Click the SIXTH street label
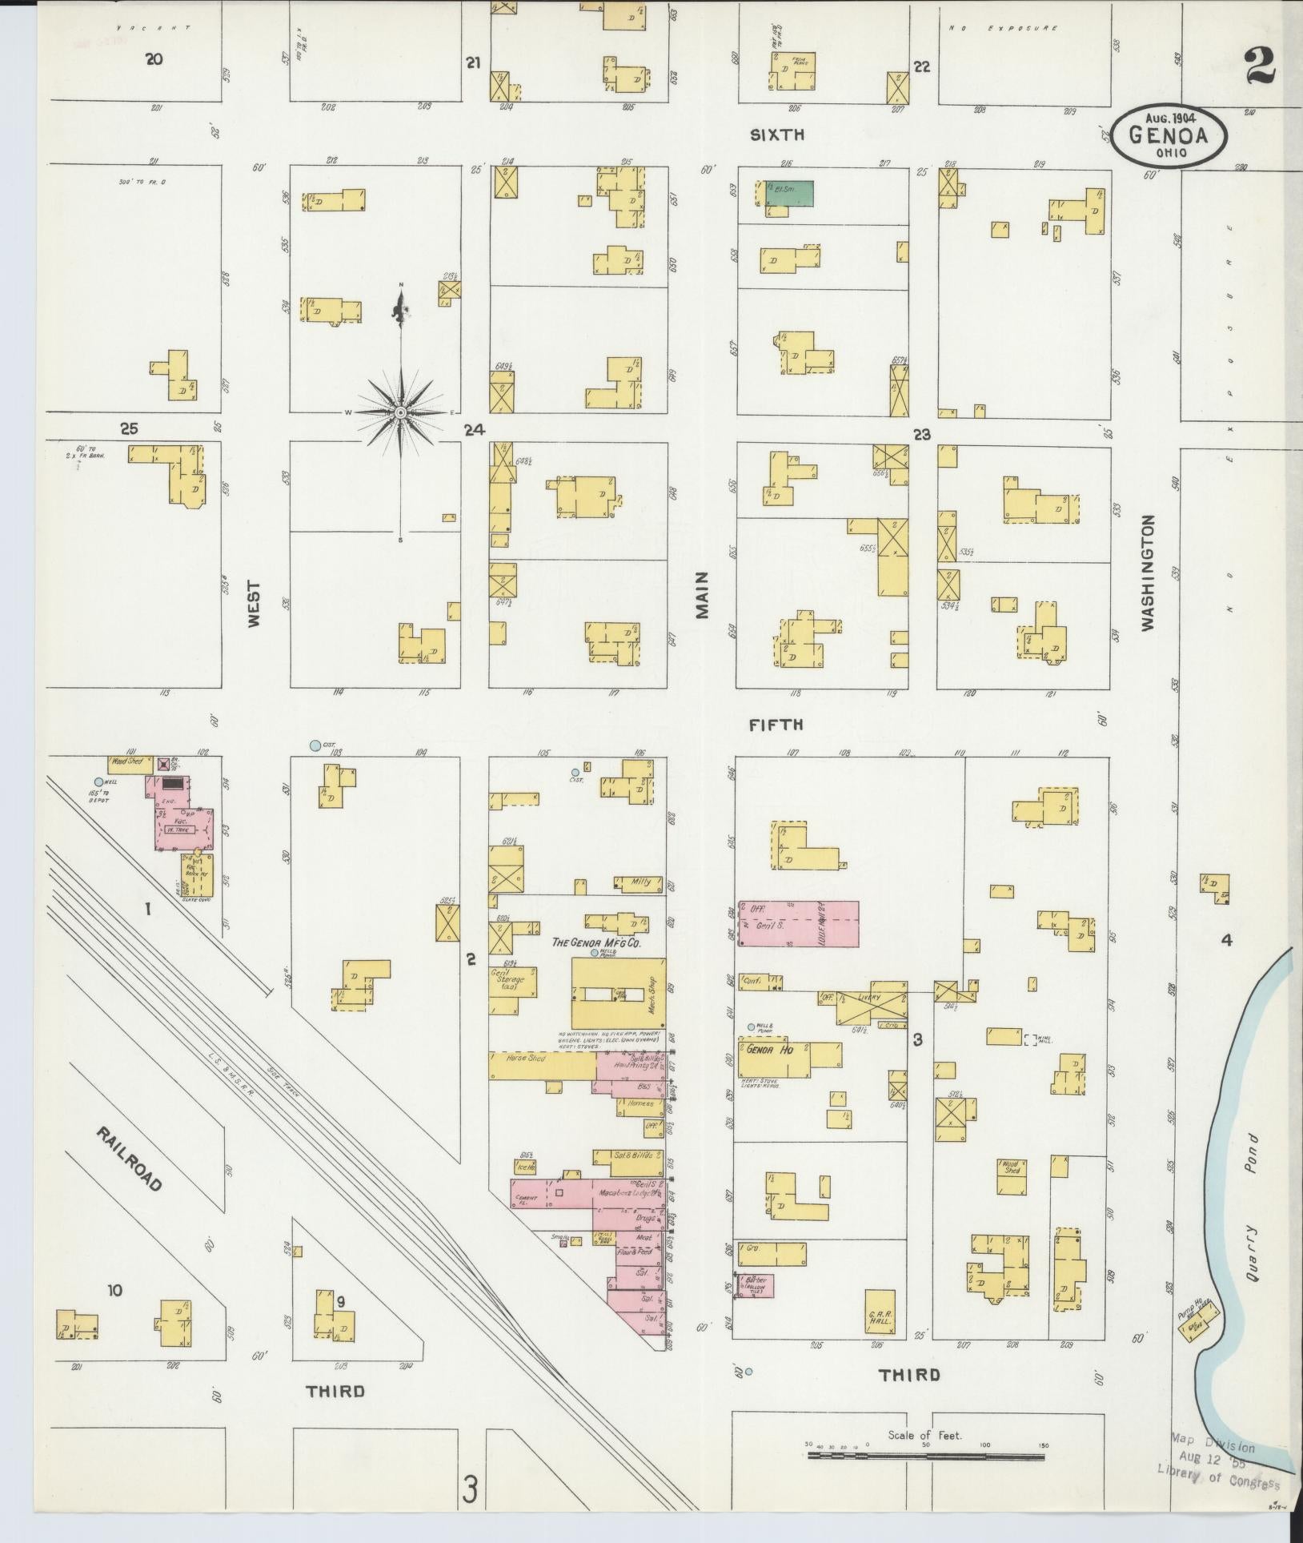coord(776,135)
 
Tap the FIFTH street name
coord(776,725)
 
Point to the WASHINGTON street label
coord(1149,573)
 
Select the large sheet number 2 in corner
coord(1260,66)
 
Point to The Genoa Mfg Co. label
coord(604,942)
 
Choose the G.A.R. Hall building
coord(880,1312)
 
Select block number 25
coord(129,428)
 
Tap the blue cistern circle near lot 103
coord(315,745)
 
